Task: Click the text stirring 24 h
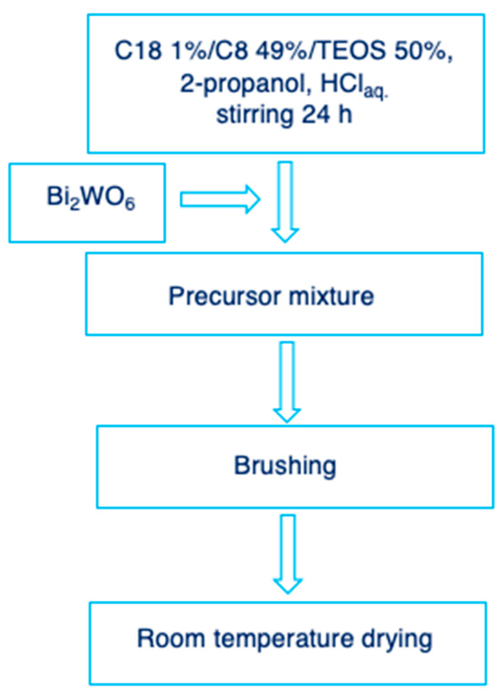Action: [x=284, y=115]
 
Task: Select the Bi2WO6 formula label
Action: [x=91, y=198]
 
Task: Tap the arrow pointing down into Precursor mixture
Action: [x=285, y=202]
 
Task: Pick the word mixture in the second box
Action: [x=331, y=296]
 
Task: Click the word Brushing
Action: [x=285, y=466]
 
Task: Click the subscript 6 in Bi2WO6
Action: [x=130, y=204]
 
